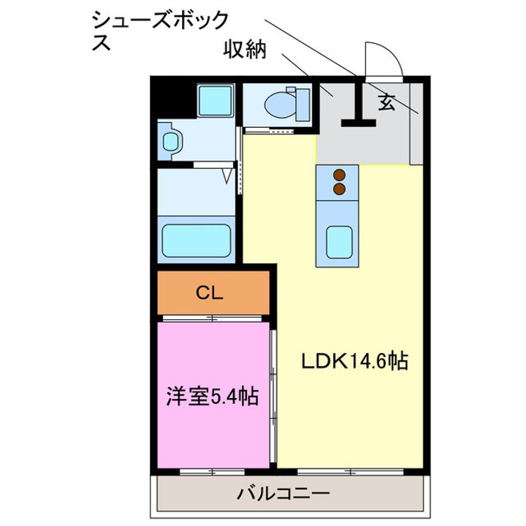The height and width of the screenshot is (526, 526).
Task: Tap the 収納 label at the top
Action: click(245, 51)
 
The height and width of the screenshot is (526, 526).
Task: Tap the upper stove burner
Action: click(339, 175)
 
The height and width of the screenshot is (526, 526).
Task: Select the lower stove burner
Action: click(339, 188)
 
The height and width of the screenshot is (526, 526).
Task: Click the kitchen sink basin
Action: click(338, 240)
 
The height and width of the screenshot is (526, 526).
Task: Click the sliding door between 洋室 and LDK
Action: click(273, 394)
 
